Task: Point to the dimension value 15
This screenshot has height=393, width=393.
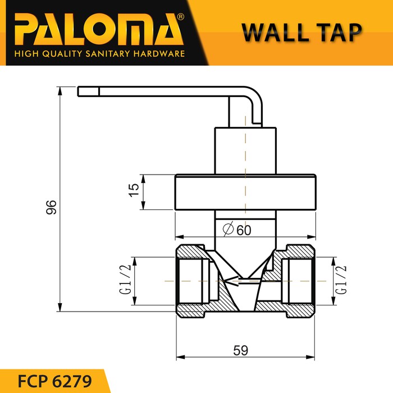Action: point(133,190)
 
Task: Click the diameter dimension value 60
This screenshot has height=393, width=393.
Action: point(243,230)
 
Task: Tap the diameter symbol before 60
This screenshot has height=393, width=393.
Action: point(228,230)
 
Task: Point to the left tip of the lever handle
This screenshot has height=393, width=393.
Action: point(80,91)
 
